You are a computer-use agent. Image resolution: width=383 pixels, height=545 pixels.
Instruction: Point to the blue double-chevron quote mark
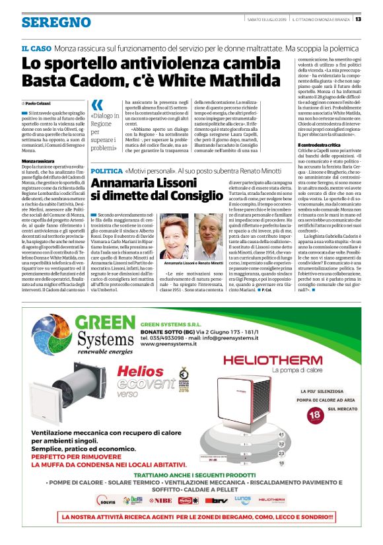tap(98, 105)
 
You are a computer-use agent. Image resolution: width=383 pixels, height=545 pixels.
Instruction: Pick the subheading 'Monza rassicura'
tap(38, 161)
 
